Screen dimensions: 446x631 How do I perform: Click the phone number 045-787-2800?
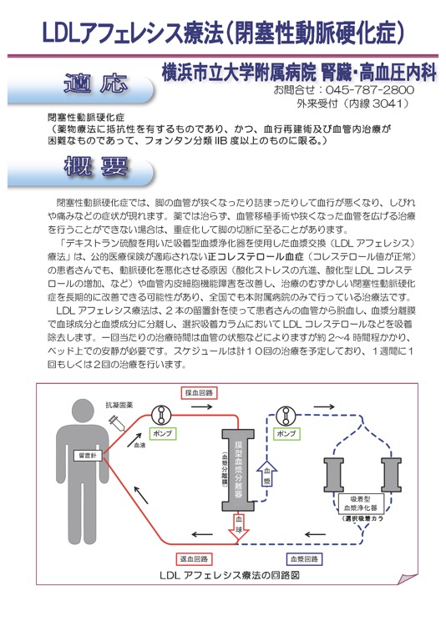[369, 89]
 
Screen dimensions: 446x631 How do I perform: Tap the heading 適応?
[96, 83]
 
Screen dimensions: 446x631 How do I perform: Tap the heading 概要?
[96, 166]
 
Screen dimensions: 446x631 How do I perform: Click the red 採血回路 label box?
[200, 393]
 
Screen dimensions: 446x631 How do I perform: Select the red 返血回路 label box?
[194, 558]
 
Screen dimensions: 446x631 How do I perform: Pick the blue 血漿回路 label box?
[304, 558]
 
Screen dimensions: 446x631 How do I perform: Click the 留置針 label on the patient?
[88, 456]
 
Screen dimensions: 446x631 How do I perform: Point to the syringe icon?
[117, 422]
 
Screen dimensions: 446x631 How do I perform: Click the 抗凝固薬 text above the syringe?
[119, 406]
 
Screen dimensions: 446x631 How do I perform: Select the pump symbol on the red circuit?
[161, 416]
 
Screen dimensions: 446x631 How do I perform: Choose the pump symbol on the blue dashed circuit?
[286, 416]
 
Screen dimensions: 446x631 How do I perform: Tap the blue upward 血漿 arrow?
[267, 473]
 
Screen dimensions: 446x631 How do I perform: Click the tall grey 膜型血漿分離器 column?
[238, 470]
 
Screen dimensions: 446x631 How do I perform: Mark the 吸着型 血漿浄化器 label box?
[360, 503]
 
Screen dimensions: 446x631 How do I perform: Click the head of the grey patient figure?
[83, 411]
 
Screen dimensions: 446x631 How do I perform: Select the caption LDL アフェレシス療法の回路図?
[230, 575]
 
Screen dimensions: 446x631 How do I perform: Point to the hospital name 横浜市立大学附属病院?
[239, 73]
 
